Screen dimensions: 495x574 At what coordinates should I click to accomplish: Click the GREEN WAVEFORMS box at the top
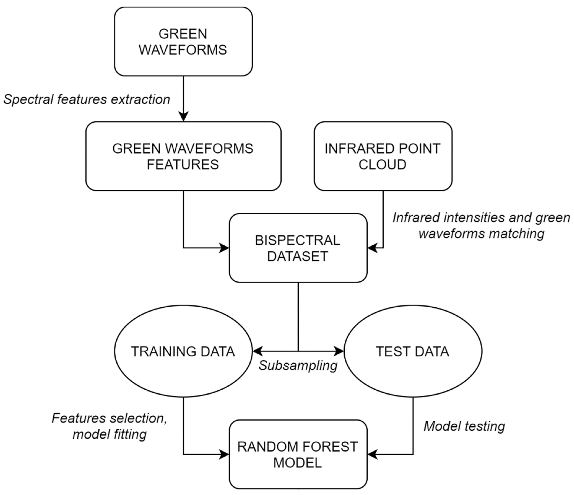(183, 42)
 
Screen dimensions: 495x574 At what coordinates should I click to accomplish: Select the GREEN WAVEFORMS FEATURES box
(183, 156)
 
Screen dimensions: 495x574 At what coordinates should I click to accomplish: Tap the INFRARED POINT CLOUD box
(383, 156)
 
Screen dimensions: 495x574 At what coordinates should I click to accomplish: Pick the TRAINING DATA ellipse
(183, 351)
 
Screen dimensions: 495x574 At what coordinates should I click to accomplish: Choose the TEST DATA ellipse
(413, 351)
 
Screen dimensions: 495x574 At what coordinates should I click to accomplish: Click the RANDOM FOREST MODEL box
(298, 454)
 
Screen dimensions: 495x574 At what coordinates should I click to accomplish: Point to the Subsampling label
(298, 366)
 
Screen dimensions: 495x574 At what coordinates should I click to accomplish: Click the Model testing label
(464, 426)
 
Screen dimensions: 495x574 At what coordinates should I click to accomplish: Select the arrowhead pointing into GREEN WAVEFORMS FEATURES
(183, 116)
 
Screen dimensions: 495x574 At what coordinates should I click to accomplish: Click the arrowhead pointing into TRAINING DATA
(258, 351)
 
